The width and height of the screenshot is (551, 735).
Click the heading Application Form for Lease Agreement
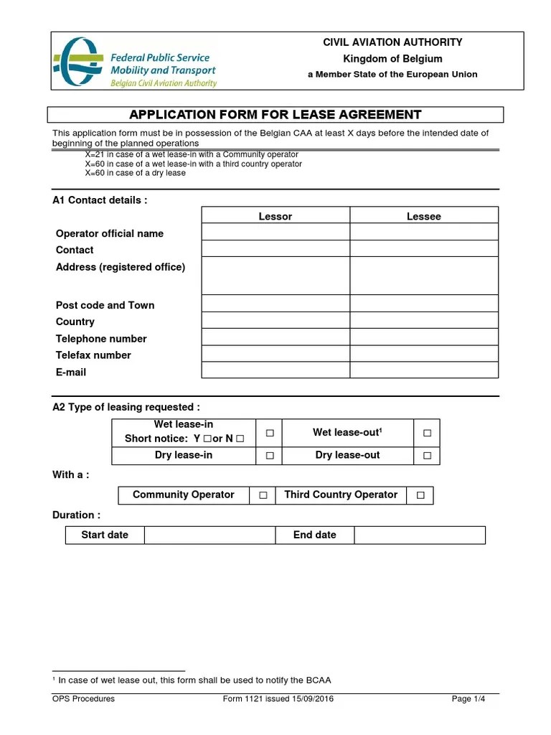click(275, 115)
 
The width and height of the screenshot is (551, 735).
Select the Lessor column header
click(275, 216)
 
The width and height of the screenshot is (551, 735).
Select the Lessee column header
click(424, 216)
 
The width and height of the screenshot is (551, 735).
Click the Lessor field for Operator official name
click(275, 232)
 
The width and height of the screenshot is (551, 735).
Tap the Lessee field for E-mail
click(424, 370)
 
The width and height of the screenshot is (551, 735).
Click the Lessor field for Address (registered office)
click(275, 276)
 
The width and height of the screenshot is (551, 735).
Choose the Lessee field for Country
click(424, 321)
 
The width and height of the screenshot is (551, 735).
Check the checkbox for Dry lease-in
click(270, 456)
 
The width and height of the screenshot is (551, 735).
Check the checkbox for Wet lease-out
click(427, 433)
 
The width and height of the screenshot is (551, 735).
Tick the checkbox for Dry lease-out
click(427, 456)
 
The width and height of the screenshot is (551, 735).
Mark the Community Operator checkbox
click(263, 495)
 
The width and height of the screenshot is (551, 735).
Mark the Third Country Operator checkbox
click(420, 495)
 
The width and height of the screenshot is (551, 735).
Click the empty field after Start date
click(209, 535)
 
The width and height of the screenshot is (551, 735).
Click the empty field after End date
click(420, 535)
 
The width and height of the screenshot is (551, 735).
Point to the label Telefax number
click(93, 355)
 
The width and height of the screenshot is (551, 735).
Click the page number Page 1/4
click(468, 699)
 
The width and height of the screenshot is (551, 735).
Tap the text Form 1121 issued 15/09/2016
click(278, 699)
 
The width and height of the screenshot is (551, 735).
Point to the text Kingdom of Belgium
click(392, 59)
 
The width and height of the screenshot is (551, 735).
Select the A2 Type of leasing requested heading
click(126, 407)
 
